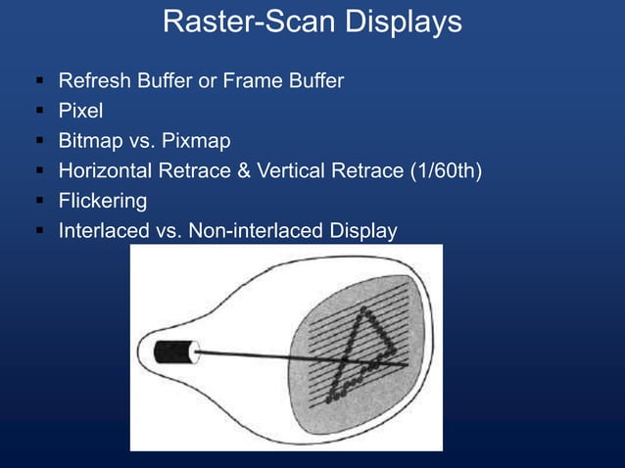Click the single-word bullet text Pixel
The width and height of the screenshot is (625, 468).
(x=80, y=111)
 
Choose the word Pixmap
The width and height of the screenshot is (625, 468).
(x=194, y=141)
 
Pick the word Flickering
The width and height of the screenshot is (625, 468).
(x=102, y=202)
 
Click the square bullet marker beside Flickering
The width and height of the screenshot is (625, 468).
(x=37, y=202)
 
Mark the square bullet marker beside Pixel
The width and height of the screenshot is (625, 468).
(x=37, y=111)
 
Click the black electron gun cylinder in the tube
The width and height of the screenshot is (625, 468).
(x=174, y=350)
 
